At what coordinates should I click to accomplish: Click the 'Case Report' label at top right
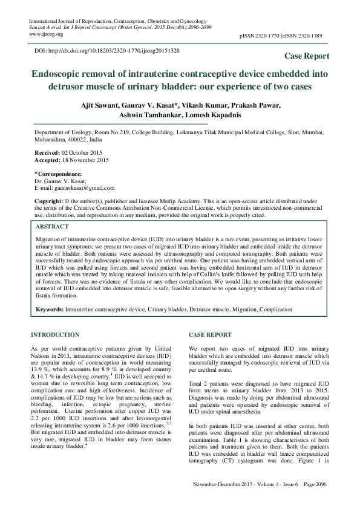tap(307, 56)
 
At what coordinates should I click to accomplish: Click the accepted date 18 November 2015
tap(85, 161)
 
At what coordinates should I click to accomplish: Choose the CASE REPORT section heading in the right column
tap(209, 334)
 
